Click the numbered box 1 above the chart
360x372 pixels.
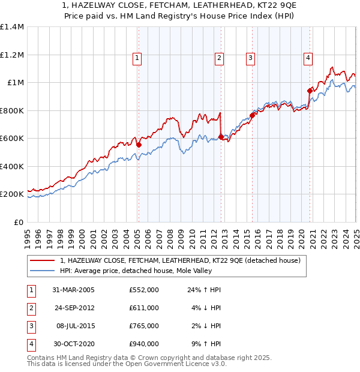coord(137,58)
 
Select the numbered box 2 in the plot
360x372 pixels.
coord(219,58)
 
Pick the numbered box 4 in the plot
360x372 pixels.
coord(307,58)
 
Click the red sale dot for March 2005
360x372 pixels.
coord(139,145)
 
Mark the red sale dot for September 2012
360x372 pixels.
coord(221,137)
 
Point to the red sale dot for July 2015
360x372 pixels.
coord(252,115)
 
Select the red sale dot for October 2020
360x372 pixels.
coord(310,91)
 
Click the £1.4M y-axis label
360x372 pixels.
coord(11,27)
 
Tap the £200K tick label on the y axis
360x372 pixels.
coord(11,194)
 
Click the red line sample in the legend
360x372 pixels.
coord(43,260)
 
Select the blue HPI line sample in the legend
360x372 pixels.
coord(43,271)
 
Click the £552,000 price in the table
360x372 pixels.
coord(144,290)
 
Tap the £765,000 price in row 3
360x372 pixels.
coord(144,326)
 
